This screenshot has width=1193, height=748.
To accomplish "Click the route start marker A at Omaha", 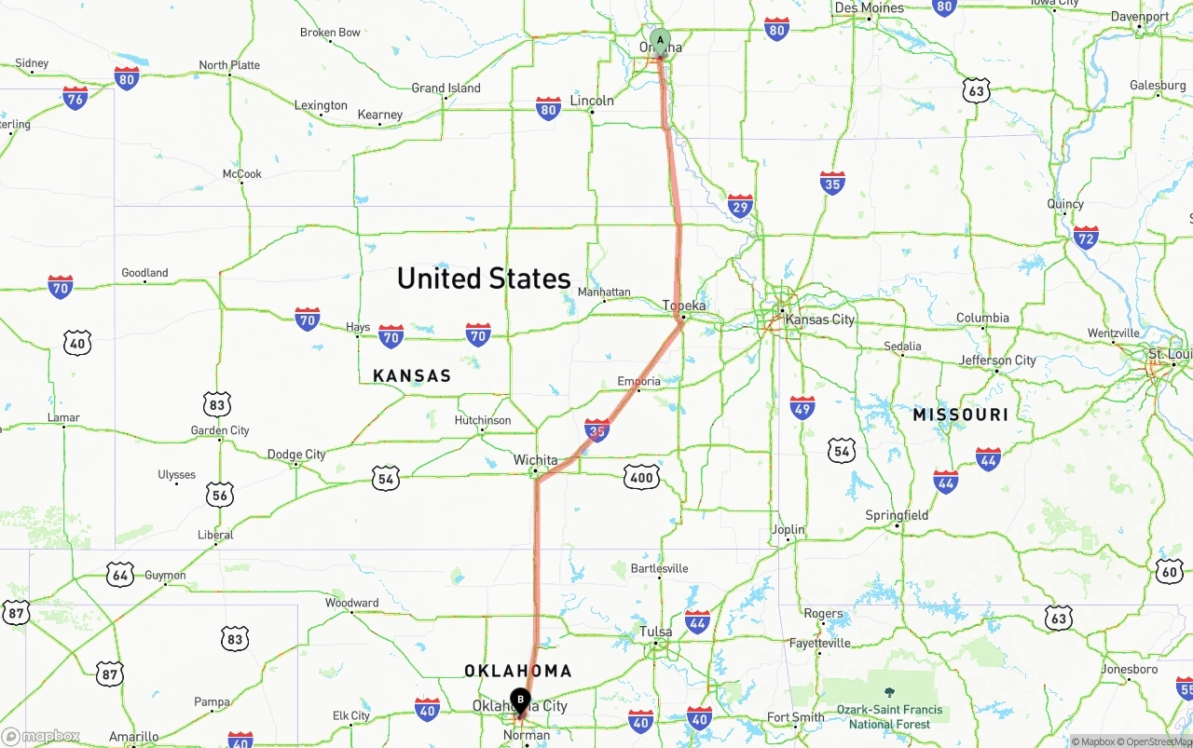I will (x=660, y=41).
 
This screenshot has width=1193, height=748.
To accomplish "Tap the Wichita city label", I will (x=536, y=460).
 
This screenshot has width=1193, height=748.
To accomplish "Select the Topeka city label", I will (x=684, y=306).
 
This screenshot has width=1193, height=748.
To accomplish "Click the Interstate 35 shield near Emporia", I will (x=597, y=430).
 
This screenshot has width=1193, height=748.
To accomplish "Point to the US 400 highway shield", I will (x=641, y=478).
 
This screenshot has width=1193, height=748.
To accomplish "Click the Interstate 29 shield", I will (x=740, y=206).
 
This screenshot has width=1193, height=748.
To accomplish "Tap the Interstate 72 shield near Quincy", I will (x=1086, y=237).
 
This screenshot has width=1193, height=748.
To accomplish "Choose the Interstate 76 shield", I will (x=75, y=97).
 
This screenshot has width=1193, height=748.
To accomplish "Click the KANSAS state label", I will (x=412, y=376).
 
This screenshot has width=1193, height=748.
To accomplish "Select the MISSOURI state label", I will (x=961, y=415).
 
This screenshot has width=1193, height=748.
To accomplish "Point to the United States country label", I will (x=484, y=279).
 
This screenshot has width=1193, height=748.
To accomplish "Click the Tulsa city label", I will (x=656, y=632).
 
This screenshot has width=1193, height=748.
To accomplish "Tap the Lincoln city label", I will (x=592, y=100).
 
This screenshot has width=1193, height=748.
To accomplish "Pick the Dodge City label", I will (x=296, y=455).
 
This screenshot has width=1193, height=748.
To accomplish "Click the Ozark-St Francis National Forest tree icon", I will (x=889, y=692).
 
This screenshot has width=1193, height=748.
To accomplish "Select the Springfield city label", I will (x=897, y=515).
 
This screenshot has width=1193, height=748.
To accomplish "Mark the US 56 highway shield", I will (x=220, y=495).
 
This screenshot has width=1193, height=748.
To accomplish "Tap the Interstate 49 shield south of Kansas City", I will (x=802, y=407).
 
